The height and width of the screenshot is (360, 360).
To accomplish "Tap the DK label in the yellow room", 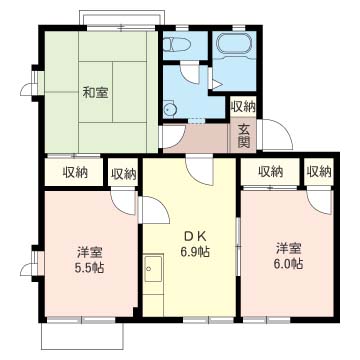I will click(194, 236).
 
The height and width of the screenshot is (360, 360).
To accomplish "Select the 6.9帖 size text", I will click(195, 252).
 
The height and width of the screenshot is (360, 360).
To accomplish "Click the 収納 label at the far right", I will click(319, 172).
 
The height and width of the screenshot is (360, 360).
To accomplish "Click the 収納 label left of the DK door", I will click(123, 173).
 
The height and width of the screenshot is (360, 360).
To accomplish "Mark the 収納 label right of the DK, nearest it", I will click(270, 172).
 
